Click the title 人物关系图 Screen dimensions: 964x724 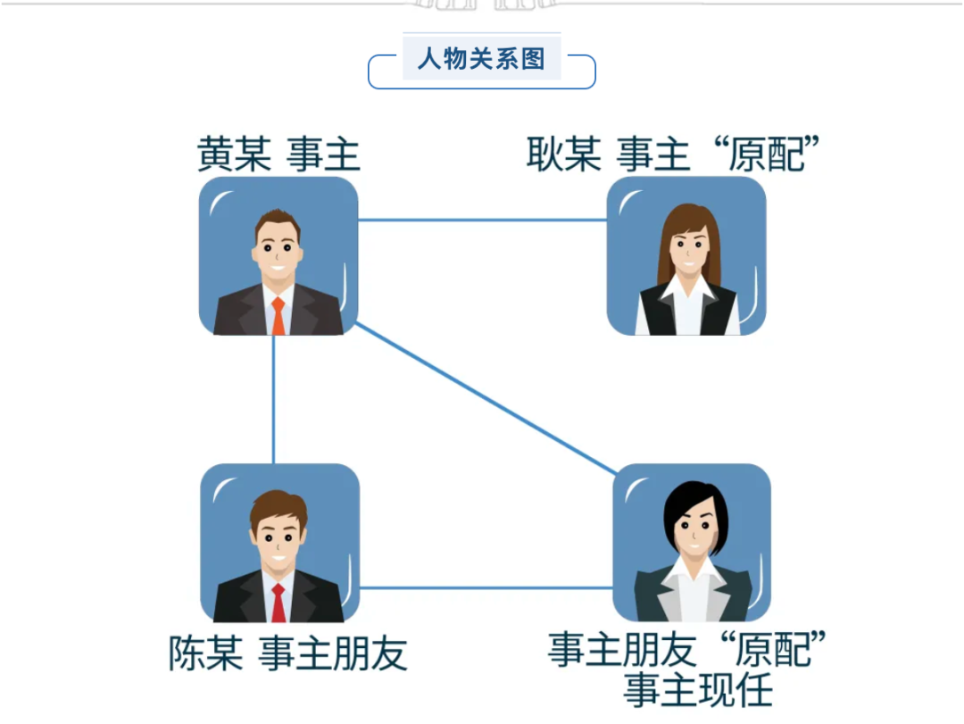[x=481, y=59]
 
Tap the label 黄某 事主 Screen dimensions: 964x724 [x=278, y=154]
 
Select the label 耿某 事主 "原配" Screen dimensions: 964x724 [x=673, y=154]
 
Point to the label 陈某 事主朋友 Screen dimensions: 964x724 [x=287, y=653]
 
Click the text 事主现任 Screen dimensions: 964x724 [x=698, y=690]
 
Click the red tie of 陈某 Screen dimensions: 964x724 [x=278, y=603]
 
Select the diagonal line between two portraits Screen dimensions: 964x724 [x=486, y=398]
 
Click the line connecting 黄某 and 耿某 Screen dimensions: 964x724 [x=483, y=220]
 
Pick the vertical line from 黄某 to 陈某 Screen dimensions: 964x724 [x=274, y=399]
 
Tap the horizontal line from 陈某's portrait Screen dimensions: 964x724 [x=486, y=588]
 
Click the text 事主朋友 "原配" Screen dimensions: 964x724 [x=686, y=650]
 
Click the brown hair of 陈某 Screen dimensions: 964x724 [x=278, y=505]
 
